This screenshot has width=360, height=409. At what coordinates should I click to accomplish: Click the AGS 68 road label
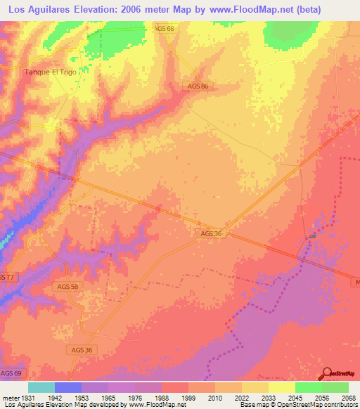point(163,28)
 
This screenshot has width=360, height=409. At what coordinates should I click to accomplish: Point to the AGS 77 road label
point(6,278)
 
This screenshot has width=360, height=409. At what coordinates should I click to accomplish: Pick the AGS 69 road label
point(11,372)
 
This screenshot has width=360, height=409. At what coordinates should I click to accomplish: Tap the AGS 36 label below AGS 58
point(82,350)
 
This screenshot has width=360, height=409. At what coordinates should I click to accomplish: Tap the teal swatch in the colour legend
point(41,387)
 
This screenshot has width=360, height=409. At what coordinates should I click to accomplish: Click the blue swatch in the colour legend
point(68,387)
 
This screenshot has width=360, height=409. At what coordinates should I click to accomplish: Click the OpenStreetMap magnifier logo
point(326,373)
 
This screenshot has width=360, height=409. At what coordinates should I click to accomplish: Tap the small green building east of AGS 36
point(312,237)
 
